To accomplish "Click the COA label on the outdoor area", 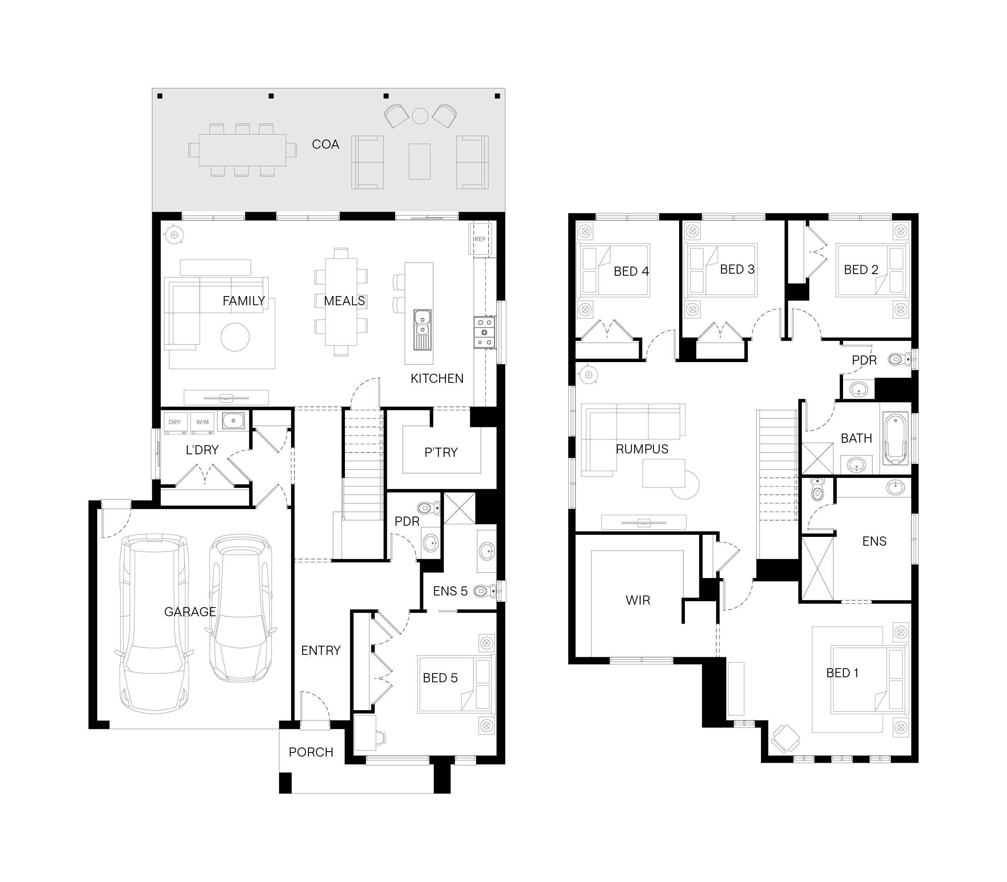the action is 325,144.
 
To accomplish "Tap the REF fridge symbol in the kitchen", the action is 480,239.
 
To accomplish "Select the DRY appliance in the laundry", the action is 175,423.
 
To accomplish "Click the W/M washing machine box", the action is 202,423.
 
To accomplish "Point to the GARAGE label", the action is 190,612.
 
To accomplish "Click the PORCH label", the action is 311,752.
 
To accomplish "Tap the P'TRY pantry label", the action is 441,452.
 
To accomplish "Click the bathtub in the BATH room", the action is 896,439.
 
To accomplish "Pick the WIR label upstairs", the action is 638,600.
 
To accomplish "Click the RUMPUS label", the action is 642,449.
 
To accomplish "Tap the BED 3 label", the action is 737,269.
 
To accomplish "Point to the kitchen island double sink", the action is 423,323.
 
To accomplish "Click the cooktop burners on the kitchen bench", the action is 484,332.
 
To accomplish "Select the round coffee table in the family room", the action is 235,337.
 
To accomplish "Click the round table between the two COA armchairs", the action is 420,116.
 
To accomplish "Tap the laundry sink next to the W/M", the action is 233,421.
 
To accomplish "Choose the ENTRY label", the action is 321,651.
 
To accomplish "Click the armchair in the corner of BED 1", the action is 786,738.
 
